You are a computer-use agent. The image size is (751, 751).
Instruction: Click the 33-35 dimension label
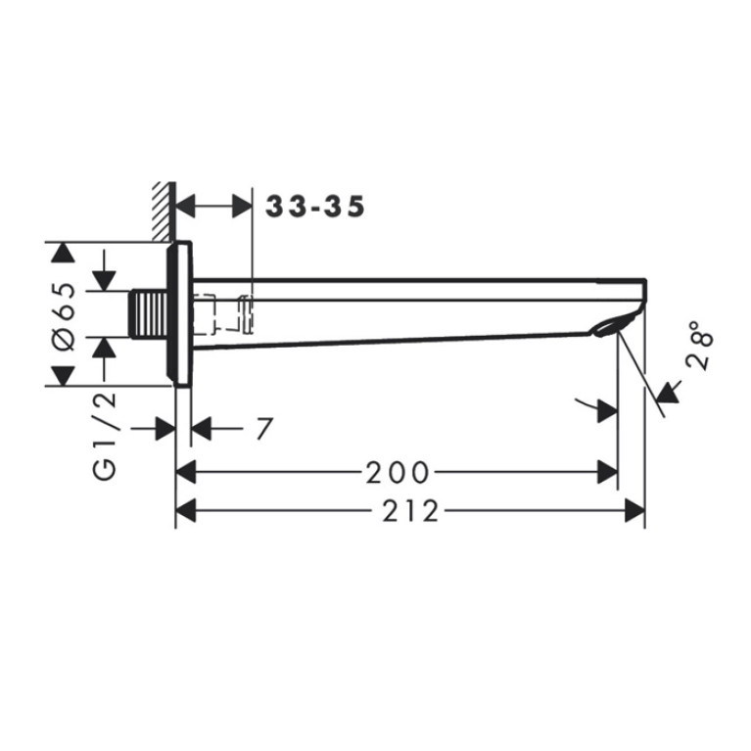pyautogui.click(x=315, y=207)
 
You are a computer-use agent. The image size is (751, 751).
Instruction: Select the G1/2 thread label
pyautogui.click(x=105, y=436)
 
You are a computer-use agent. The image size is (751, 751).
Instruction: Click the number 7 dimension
pyautogui.click(x=264, y=428)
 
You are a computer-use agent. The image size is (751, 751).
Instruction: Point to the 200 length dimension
pyautogui.click(x=398, y=472)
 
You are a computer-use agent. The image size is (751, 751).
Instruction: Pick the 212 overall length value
pyautogui.click(x=410, y=510)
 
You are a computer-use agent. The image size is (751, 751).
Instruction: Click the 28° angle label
pyautogui.click(x=699, y=346)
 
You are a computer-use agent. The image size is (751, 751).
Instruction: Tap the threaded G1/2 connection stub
pyautogui.click(x=149, y=313)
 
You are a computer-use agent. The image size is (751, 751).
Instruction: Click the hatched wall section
pyautogui.click(x=164, y=211)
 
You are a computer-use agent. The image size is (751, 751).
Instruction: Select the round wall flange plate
pyautogui.click(x=179, y=313)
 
